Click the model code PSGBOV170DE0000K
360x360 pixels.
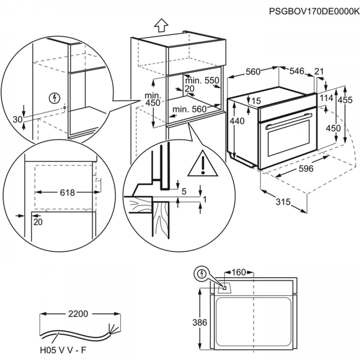point(314,11)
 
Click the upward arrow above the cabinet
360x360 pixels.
point(161,26)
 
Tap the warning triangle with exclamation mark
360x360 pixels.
point(203,165)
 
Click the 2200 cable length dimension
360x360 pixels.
point(78,314)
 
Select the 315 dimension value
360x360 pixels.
point(284,202)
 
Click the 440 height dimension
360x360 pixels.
point(237,121)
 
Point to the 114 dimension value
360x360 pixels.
point(327,98)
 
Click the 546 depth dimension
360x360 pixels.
point(297,71)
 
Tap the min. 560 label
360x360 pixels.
point(189,109)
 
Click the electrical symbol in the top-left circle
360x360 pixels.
point(54,97)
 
